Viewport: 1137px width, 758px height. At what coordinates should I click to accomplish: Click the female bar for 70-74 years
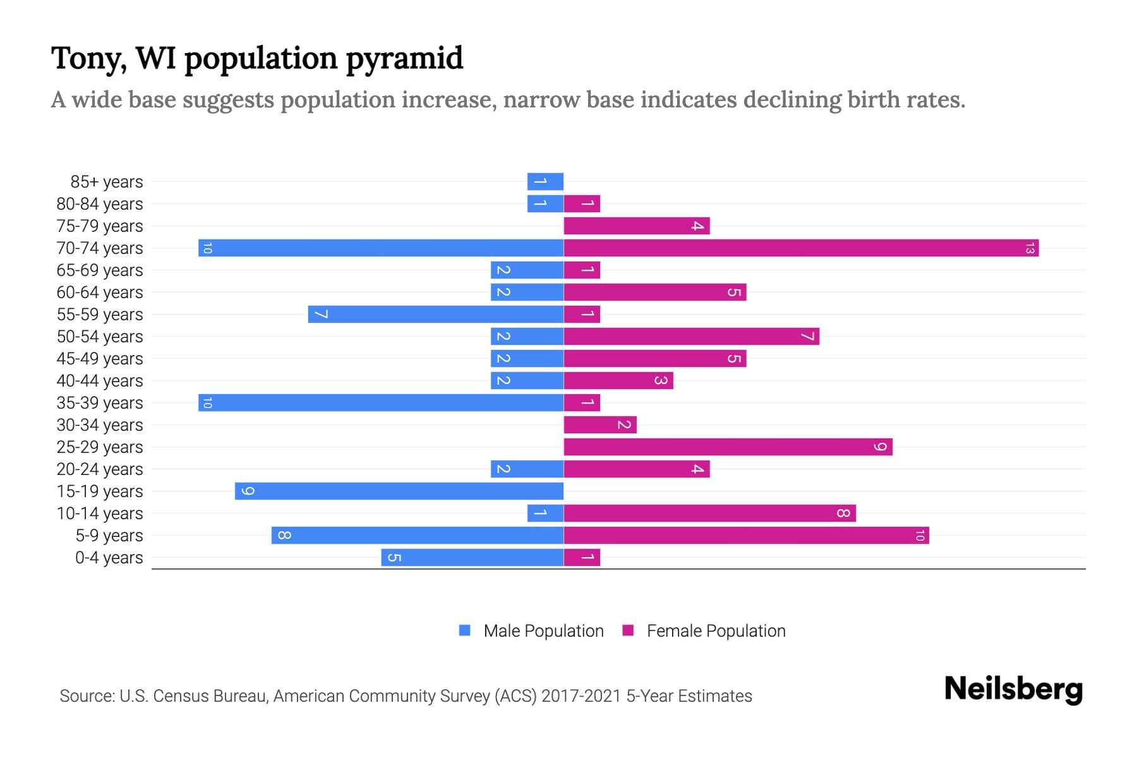(801, 248)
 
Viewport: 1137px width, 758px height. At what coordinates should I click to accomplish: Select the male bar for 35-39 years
(381, 402)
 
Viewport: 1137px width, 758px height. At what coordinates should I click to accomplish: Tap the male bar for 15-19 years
(399, 491)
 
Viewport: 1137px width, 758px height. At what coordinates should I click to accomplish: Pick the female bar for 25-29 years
(728, 447)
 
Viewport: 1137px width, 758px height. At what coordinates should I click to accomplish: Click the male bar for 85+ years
(545, 181)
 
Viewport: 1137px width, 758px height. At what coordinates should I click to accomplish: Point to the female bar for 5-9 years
(746, 535)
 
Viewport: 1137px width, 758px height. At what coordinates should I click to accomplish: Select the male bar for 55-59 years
(436, 314)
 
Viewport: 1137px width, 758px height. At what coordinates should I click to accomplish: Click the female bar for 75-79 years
(637, 226)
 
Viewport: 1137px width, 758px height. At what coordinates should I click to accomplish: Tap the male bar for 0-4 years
(472, 557)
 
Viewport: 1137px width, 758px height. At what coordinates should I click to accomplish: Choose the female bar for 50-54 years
(692, 336)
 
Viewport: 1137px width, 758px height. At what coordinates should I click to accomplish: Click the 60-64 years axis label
(100, 292)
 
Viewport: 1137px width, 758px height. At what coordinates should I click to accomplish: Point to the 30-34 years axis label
(100, 425)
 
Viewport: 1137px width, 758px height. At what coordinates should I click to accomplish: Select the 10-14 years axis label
(100, 514)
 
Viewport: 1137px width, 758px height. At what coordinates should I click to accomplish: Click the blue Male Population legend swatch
(465, 630)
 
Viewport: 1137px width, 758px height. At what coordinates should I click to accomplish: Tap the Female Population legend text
(716, 630)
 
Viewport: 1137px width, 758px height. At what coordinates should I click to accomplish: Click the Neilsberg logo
(1013, 689)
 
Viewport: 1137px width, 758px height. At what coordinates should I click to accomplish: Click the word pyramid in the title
(404, 59)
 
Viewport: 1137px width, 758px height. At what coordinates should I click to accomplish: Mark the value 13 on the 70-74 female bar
(1030, 248)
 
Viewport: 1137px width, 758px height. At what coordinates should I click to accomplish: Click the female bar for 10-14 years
(709, 513)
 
